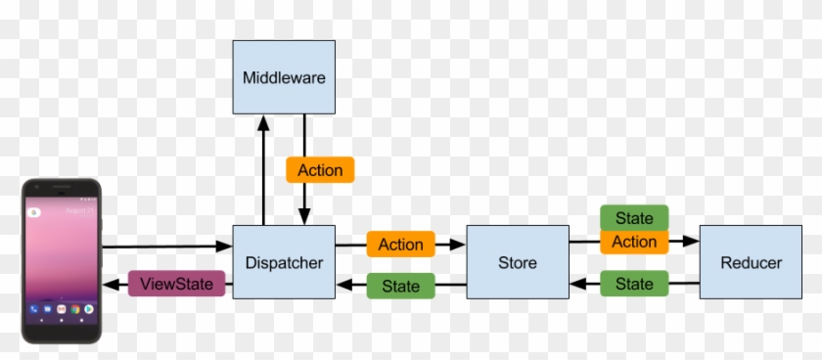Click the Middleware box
(x=283, y=77)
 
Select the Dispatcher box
(x=283, y=262)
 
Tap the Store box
(x=517, y=262)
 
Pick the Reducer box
(x=751, y=262)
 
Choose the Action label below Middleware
(x=320, y=170)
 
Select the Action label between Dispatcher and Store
(x=400, y=244)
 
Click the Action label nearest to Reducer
(x=634, y=242)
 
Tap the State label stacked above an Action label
(x=634, y=217)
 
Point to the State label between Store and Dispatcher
(x=400, y=286)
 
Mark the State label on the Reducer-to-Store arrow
(x=634, y=284)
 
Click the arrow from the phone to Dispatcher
(x=161, y=247)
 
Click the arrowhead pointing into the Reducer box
(x=691, y=241)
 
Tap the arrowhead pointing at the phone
(x=112, y=286)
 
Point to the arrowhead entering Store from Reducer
(x=577, y=286)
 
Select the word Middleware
(x=283, y=77)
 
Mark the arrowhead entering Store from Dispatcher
(x=458, y=244)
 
